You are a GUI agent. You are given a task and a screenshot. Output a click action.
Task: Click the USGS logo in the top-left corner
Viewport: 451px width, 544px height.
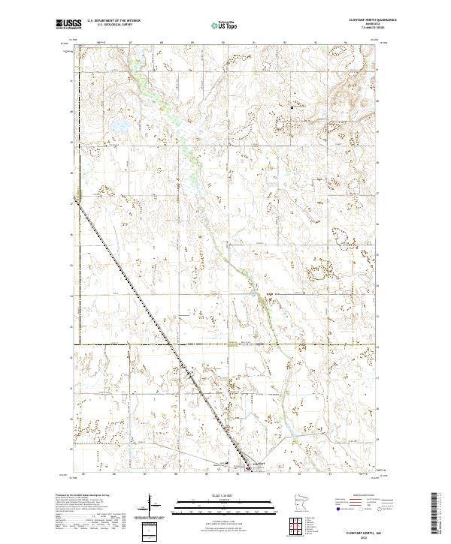68,25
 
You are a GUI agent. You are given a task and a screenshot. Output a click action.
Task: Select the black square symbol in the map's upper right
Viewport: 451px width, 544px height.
292,108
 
